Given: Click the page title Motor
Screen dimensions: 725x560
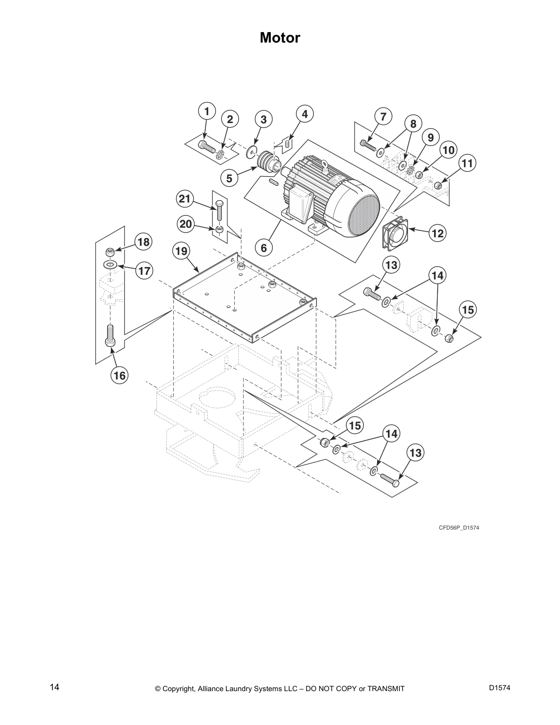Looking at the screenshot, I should (280, 38).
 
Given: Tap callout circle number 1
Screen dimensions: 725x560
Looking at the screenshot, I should (207, 112).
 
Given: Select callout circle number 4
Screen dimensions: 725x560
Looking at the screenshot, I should (305, 114).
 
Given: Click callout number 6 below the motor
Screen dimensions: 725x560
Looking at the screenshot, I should (264, 248).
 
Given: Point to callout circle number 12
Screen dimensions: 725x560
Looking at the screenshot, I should (437, 233).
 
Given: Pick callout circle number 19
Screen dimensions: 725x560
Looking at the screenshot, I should (181, 251).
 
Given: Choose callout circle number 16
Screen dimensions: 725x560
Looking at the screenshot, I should (119, 376).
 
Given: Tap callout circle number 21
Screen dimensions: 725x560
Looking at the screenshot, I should (184, 199).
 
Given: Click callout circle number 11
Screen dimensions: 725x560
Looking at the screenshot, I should (467, 163).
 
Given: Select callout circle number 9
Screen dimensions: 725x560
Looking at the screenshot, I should (431, 137).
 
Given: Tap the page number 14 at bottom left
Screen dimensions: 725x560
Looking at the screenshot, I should (55, 687).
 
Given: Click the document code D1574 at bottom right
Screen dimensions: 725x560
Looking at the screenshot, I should (499, 687).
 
